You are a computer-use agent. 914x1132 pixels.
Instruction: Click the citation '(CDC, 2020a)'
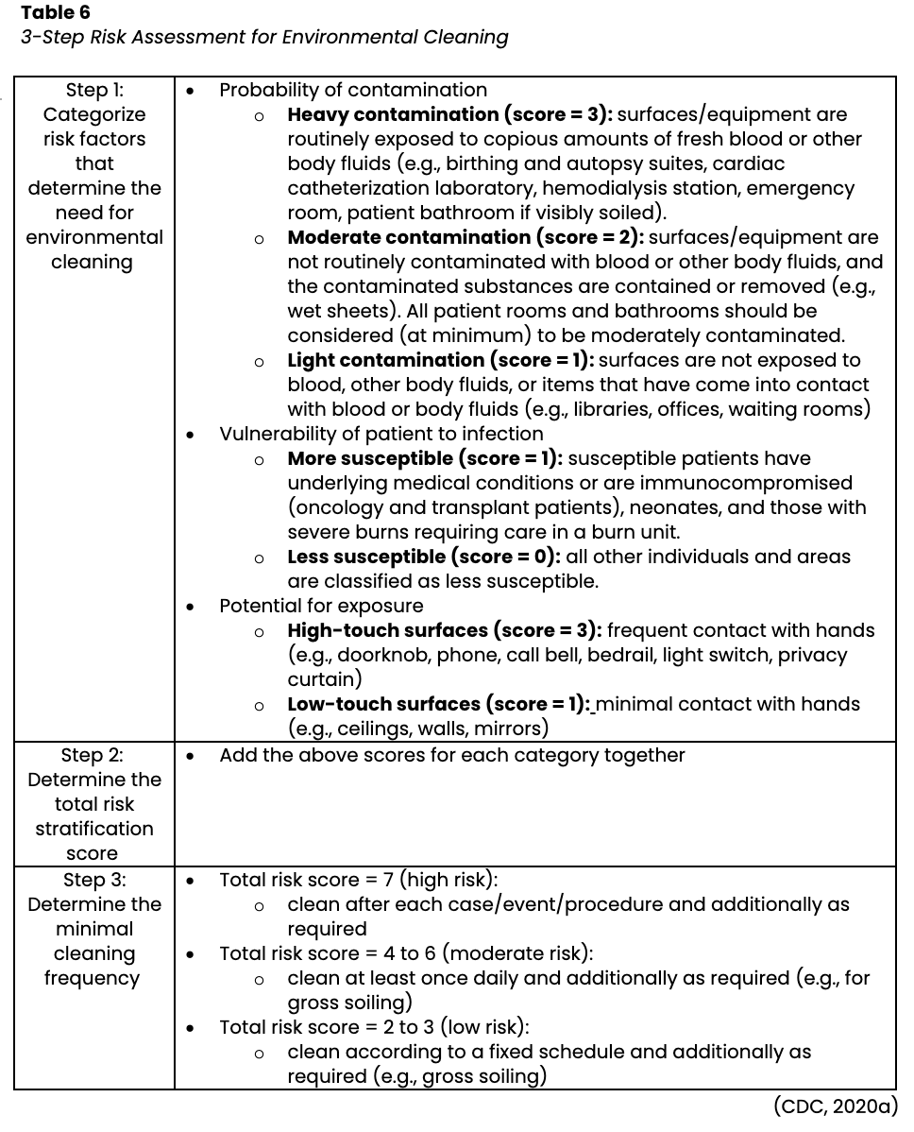coord(835,1106)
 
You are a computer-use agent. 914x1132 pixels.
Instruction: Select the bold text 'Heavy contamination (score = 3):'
coord(449,114)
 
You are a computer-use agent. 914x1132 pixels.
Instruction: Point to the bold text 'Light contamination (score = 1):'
coord(441,360)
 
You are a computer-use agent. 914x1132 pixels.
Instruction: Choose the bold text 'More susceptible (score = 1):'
coord(425,458)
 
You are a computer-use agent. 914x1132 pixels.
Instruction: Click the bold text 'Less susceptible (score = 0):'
coord(424,557)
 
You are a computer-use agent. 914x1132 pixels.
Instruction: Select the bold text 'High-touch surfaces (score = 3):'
coord(445,630)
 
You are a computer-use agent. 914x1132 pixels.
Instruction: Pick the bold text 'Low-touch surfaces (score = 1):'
coord(439,704)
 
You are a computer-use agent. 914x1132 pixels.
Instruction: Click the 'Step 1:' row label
coord(94,90)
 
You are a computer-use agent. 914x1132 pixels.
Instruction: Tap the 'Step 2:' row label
coord(94,755)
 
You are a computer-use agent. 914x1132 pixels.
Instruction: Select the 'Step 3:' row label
coord(94,880)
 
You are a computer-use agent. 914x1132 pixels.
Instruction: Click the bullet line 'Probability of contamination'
coord(353,90)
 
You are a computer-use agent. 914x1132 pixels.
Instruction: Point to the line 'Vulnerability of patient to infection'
coord(381,434)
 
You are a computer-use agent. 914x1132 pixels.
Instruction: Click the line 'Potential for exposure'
coord(321,606)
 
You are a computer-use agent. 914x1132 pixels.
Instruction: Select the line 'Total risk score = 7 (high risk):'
coord(358,880)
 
